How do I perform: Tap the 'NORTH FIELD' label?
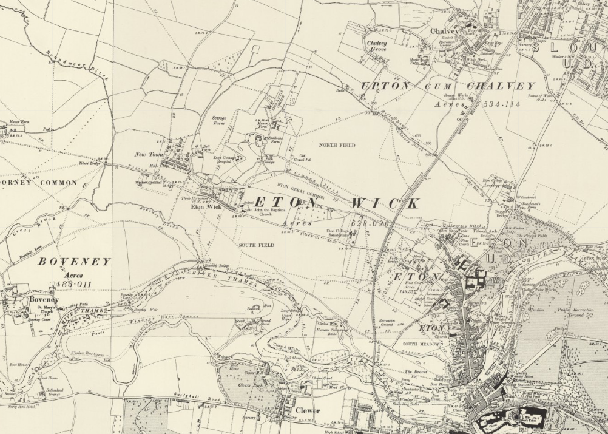340,145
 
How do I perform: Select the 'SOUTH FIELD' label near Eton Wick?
256,245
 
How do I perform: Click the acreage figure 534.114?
487,104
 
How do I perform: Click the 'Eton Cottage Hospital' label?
225,160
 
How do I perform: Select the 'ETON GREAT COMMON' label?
301,191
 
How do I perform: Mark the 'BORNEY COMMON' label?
39,182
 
